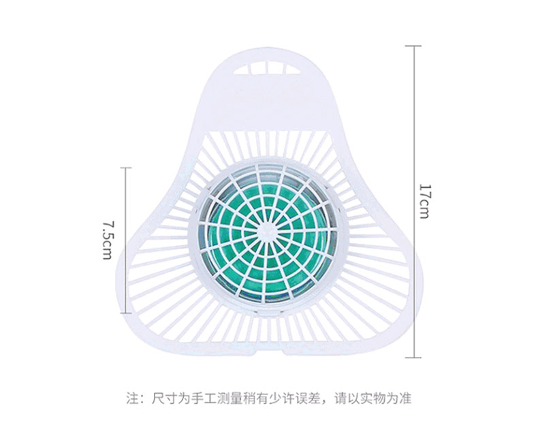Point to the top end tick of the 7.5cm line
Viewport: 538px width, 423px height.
(x=125, y=168)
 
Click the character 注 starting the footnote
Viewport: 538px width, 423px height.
(x=132, y=397)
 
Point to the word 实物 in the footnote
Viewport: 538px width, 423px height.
(x=374, y=397)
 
